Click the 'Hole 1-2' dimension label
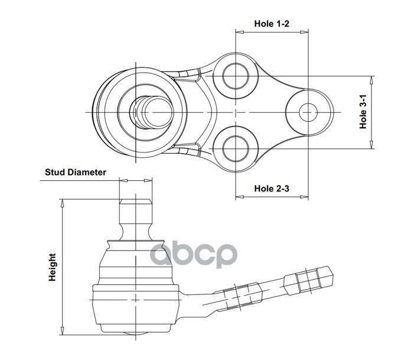(x=272, y=24)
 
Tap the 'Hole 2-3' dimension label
(x=272, y=189)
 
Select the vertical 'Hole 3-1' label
(x=363, y=112)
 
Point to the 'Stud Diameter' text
(x=76, y=173)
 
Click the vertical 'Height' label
(x=53, y=267)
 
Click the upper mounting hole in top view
(x=236, y=76)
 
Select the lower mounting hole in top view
(x=236, y=148)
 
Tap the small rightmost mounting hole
(x=308, y=112)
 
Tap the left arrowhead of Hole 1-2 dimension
(x=240, y=33)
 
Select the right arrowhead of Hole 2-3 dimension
(x=304, y=197)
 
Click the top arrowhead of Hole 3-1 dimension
(x=371, y=80)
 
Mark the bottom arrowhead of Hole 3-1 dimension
(x=371, y=145)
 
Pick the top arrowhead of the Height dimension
(x=62, y=203)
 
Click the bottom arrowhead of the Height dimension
(x=62, y=330)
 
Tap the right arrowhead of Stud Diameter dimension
(x=148, y=180)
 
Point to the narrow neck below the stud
(x=135, y=232)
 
